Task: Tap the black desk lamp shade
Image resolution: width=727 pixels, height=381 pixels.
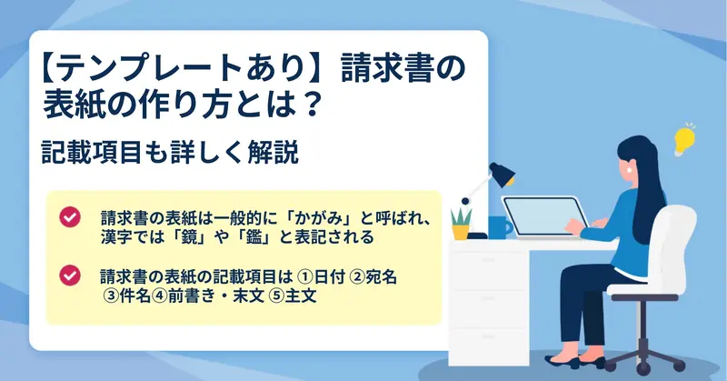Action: (x=503, y=174)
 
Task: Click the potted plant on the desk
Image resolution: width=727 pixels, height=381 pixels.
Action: (x=461, y=225)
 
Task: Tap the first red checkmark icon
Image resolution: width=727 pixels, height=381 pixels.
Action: (x=70, y=216)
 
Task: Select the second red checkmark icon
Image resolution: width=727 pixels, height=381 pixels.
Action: (x=70, y=276)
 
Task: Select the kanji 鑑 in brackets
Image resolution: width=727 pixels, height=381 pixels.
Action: (x=255, y=237)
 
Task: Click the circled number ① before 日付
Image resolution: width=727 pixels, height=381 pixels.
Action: (x=304, y=277)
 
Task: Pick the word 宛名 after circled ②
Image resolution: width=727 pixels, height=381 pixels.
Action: (x=381, y=277)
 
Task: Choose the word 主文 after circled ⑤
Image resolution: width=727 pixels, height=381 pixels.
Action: (x=301, y=296)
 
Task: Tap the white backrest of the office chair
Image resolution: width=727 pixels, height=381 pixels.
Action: (x=678, y=245)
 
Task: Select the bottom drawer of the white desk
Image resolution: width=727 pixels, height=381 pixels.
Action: (x=488, y=346)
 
